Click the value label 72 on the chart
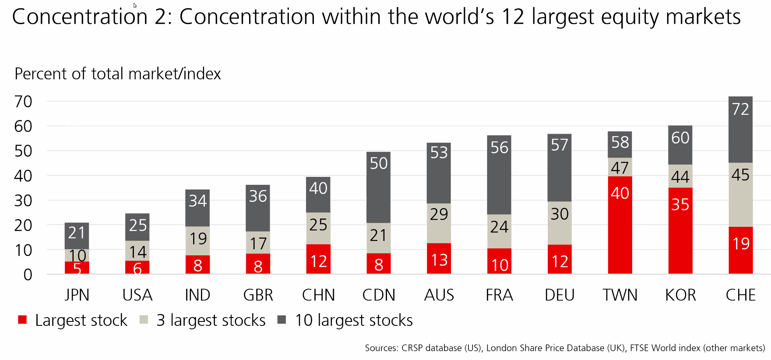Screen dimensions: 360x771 point(740,109)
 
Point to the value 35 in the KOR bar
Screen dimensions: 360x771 point(680,205)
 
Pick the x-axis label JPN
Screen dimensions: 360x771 point(77,295)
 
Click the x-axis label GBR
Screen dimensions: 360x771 point(258,295)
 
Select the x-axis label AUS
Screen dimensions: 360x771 point(439,295)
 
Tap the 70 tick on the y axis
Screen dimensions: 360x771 point(23,102)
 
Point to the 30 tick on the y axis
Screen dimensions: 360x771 point(23,201)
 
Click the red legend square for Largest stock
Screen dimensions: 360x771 point(22,320)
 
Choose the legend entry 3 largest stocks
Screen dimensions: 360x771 point(211,320)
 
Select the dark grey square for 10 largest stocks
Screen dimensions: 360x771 point(282,320)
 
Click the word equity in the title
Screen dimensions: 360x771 point(631,18)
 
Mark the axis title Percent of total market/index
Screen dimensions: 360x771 point(117,74)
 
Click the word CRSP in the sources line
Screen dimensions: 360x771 point(412,348)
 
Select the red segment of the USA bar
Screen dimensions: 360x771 point(137,267)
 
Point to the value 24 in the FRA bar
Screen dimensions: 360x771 point(499,227)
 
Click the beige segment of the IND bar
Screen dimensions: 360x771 point(197,241)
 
